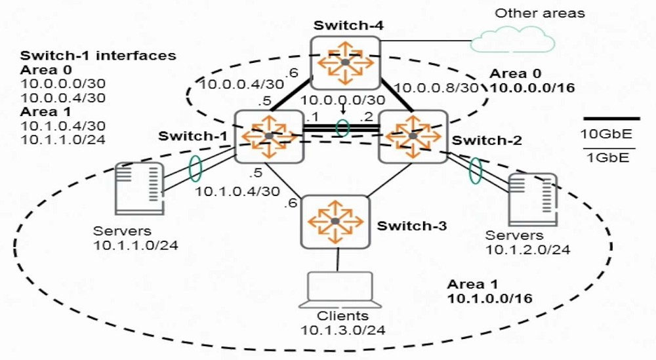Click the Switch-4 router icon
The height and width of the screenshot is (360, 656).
pos(345,63)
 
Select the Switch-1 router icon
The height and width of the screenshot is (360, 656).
pos(269,136)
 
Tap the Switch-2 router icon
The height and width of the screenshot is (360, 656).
pos(413,136)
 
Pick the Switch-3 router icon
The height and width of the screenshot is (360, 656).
pos(335,222)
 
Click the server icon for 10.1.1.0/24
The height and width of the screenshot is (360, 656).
pos(139,189)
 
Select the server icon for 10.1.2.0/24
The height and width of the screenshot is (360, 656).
pos(533,200)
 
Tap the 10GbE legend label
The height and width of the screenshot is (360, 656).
pos(605,134)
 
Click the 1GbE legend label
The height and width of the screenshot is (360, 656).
pos(608,157)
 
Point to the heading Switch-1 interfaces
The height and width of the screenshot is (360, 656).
pos(98,56)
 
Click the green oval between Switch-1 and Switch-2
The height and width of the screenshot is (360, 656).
pos(342,129)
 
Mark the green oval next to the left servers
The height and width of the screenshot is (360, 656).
pos(195,169)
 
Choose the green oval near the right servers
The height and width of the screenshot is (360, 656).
pos(475,170)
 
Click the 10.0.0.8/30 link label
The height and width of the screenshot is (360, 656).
pos(436,88)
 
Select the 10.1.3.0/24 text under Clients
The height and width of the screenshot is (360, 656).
pos(342,330)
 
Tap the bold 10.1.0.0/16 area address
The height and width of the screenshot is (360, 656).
pos(490,298)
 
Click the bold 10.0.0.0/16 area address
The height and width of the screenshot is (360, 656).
pos(532,88)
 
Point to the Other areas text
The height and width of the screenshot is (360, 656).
pos(540,13)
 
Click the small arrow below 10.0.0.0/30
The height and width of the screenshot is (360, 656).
pos(343,110)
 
